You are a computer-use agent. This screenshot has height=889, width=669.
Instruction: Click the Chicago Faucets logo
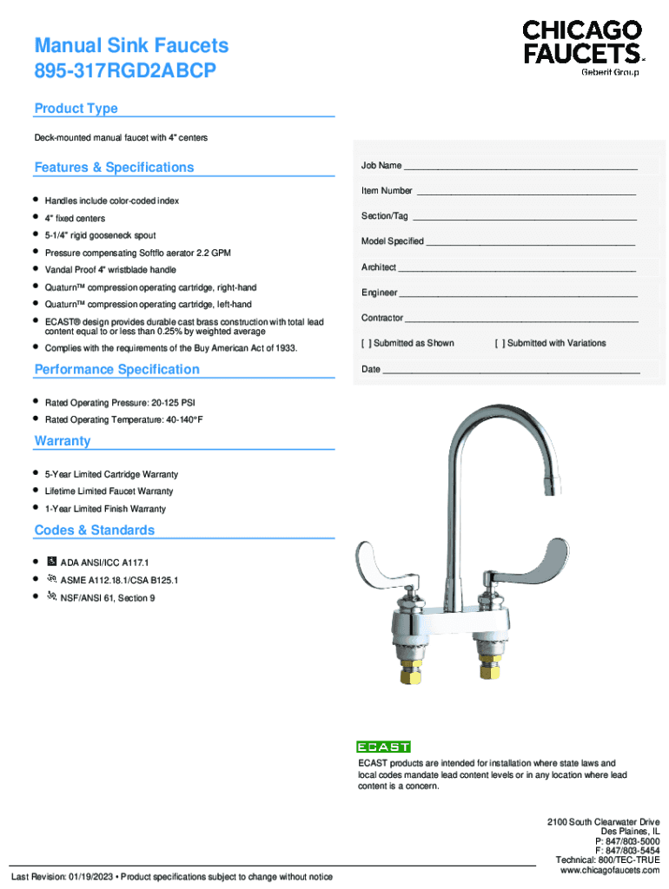point(582,47)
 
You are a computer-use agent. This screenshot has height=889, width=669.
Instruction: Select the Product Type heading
point(76,109)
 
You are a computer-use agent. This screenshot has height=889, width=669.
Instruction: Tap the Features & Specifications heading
point(114,168)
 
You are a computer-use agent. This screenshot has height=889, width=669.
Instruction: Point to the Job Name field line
point(521,167)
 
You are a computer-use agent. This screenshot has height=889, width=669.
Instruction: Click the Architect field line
point(517,269)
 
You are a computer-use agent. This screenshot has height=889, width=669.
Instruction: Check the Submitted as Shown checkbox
point(366,343)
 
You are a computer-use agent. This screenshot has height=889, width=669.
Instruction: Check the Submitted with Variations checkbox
point(500,343)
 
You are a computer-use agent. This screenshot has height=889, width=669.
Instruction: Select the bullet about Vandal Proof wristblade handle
point(110,270)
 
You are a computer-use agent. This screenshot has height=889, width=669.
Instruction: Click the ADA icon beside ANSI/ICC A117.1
point(51,563)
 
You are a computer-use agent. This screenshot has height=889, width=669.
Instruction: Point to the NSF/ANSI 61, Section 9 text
point(108,597)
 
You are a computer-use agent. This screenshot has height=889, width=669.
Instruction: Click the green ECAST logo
point(383,747)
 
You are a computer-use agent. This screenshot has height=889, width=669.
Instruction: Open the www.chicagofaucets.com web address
point(610,870)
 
